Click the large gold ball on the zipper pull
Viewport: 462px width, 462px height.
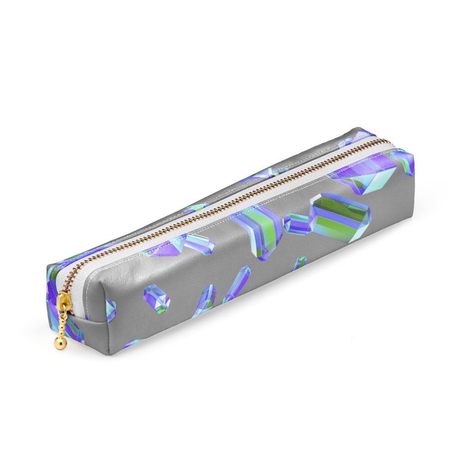pos(60,343)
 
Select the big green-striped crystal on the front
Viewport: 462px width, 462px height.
pos(339,218)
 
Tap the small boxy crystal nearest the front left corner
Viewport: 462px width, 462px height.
pos(157,298)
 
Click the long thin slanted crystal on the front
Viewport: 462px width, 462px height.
pos(237,283)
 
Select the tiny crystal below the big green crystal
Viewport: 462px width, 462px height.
pos(299,263)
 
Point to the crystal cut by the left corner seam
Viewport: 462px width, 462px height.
pos(110,310)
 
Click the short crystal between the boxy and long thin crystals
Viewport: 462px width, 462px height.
pos(207,300)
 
